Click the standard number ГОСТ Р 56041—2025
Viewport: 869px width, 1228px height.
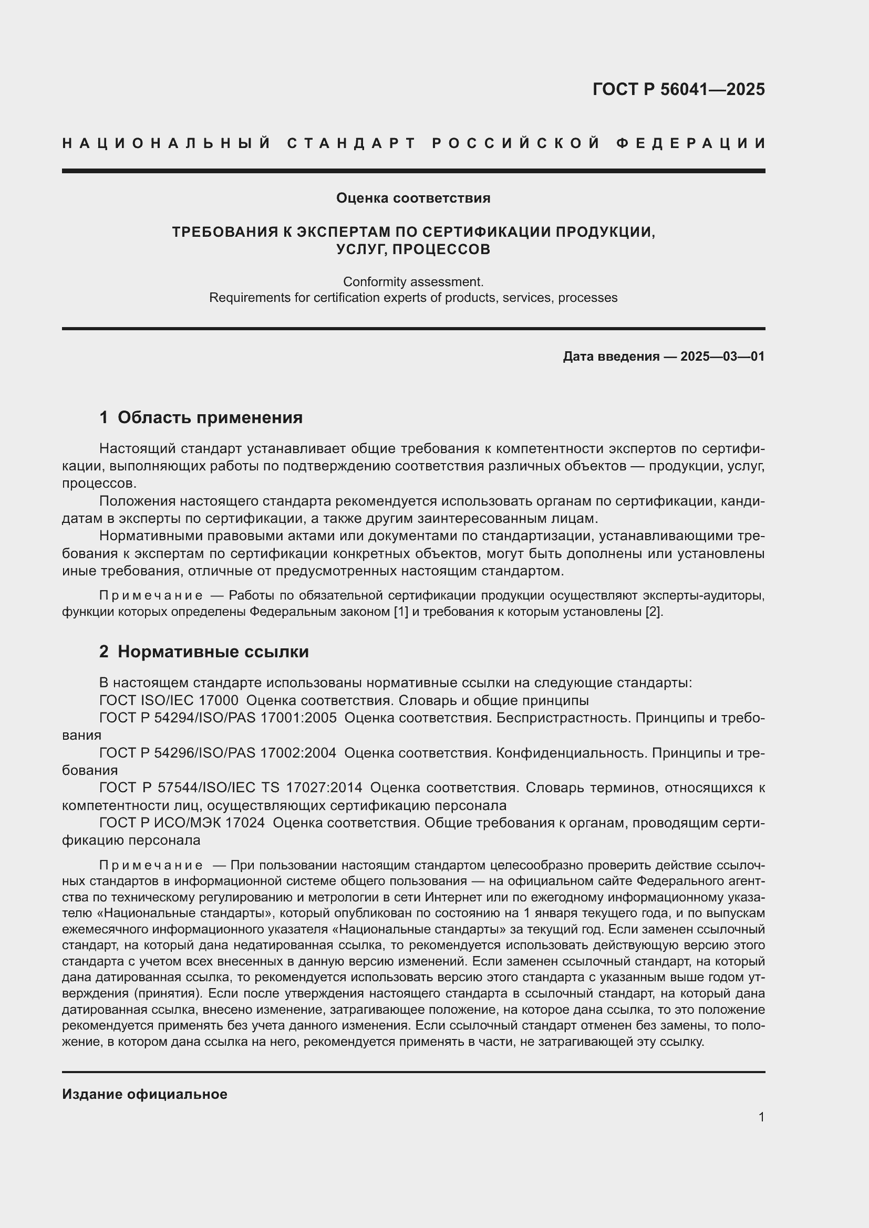click(678, 89)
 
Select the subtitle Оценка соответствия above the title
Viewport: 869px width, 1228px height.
click(413, 198)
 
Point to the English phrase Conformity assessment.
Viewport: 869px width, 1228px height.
click(413, 281)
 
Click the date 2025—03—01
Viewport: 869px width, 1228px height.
click(722, 356)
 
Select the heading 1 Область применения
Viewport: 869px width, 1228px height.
click(201, 418)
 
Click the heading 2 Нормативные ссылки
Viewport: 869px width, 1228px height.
click(204, 652)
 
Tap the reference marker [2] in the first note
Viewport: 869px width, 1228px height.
click(654, 612)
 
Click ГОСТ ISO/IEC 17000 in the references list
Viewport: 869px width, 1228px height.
click(169, 701)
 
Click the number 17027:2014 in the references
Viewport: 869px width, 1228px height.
click(324, 788)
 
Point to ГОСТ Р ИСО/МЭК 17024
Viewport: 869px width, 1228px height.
click(182, 823)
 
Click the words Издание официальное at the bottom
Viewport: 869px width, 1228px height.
click(144, 1094)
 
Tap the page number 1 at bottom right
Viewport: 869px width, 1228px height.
click(761, 1117)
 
